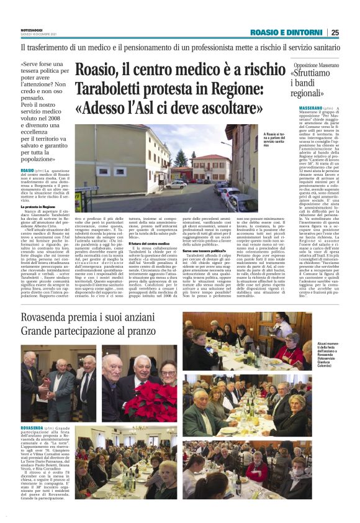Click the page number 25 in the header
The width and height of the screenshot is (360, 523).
click(335, 32)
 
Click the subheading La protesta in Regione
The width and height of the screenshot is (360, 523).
click(40, 206)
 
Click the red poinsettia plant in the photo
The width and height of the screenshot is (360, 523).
click(150, 402)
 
